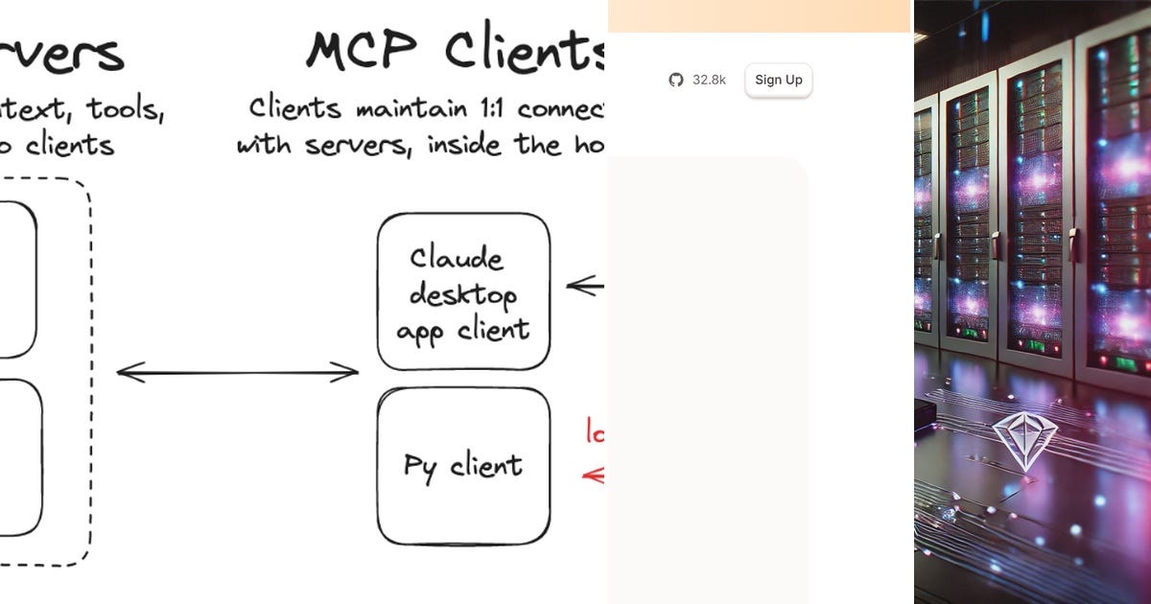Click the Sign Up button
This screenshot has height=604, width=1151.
[778, 81]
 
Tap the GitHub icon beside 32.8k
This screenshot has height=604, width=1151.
[676, 81]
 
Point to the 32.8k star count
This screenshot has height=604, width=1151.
[709, 81]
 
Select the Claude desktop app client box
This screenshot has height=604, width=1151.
[464, 291]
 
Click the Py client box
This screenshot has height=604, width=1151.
[464, 466]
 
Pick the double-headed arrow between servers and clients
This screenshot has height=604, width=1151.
[237, 372]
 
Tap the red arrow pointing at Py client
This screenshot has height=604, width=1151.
[593, 475]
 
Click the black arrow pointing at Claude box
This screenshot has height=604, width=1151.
[585, 286]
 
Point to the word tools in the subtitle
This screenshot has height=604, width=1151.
[126, 108]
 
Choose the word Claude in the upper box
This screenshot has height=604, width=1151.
[457, 259]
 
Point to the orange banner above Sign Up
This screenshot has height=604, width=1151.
[759, 16]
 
